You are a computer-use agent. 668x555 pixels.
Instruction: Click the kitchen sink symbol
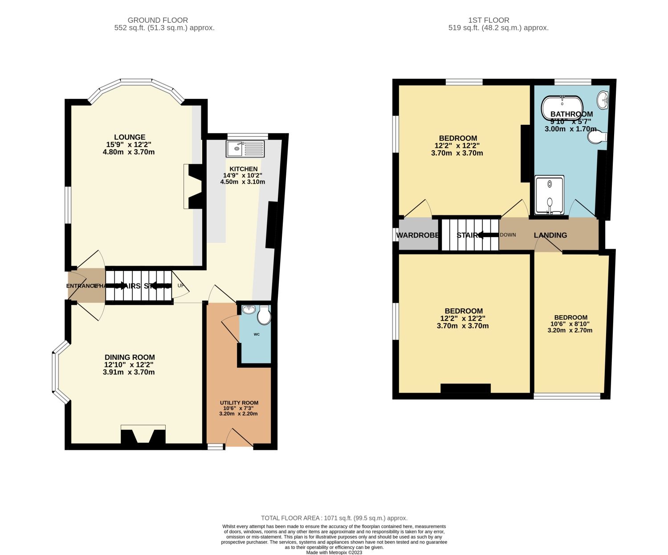click(x=245, y=149)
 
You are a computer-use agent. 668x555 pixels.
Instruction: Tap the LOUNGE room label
click(x=130, y=137)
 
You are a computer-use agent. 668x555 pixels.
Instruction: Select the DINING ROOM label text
click(x=130, y=357)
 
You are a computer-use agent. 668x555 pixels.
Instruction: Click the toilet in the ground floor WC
click(x=264, y=316)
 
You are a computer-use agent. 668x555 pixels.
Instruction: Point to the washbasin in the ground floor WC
click(x=248, y=309)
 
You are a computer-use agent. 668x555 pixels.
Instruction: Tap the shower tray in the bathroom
click(x=550, y=195)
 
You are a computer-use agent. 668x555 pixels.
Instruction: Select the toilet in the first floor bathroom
click(x=597, y=137)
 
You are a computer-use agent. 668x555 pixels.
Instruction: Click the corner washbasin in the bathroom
click(x=603, y=99)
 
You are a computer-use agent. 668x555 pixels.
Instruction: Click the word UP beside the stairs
click(x=181, y=286)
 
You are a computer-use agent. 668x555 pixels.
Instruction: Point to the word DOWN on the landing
click(x=508, y=235)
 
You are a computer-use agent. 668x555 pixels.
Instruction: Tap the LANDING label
click(x=550, y=235)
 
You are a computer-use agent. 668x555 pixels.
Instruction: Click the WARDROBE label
click(x=418, y=235)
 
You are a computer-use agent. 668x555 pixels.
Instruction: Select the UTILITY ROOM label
click(x=239, y=403)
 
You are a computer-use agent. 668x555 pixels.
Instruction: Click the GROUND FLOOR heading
click(x=158, y=20)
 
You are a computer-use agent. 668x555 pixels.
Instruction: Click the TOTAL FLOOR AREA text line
click(x=334, y=518)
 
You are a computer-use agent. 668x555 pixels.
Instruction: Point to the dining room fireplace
click(x=143, y=435)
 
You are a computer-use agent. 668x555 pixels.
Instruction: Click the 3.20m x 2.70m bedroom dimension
click(x=570, y=330)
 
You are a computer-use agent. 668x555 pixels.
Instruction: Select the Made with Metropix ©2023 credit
click(x=334, y=552)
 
